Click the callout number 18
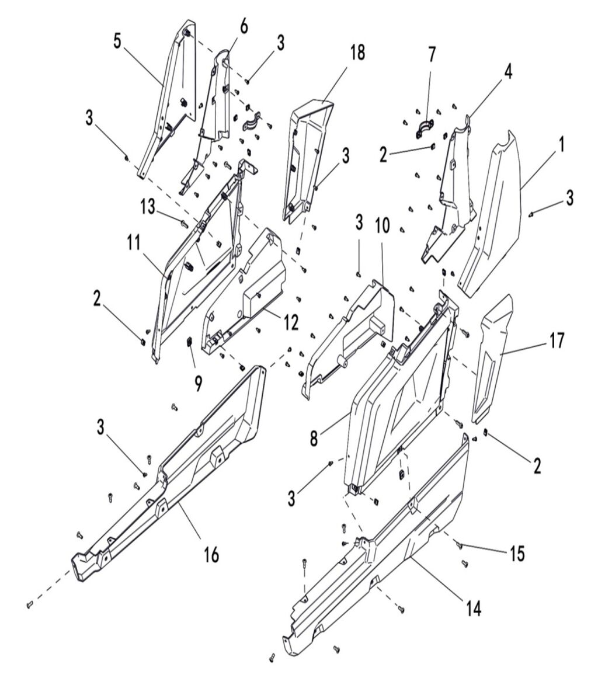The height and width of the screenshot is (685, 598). tap(357, 52)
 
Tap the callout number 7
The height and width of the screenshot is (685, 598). tap(432, 55)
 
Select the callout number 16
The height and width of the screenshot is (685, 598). tap(211, 554)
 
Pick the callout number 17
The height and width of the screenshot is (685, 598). tap(557, 340)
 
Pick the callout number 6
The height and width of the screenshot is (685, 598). tap(244, 26)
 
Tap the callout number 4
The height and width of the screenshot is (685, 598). tap(509, 75)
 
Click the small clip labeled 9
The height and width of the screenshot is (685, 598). tap(189, 342)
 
